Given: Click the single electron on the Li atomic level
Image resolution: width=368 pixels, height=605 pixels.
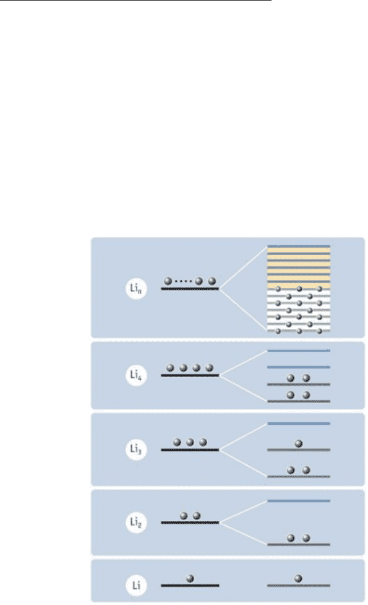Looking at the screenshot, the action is point(190,578).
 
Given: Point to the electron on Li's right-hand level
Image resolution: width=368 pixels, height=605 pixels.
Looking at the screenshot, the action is point(298,578).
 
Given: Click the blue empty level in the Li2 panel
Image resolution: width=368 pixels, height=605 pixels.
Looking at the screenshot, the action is point(299,501).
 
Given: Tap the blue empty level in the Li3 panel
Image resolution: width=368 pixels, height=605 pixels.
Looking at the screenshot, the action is point(299,424).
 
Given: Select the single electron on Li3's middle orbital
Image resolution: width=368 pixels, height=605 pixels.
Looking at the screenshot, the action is point(298,444).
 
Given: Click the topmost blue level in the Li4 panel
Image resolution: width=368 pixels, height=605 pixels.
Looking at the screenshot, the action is point(299,350).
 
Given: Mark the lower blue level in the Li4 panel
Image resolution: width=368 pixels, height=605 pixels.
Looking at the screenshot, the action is point(299,367).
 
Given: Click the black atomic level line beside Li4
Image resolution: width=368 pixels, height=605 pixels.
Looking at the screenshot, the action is point(190,375).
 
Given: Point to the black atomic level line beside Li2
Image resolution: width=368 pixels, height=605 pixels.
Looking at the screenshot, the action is point(190,523).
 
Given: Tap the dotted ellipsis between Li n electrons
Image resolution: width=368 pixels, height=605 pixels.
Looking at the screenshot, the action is point(183,281).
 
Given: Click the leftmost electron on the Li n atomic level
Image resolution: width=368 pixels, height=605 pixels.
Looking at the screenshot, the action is point(168,281).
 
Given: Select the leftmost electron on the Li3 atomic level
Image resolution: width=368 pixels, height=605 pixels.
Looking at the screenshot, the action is point(178,442).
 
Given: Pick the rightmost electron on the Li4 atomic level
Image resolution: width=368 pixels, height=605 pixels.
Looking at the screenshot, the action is point(209,368).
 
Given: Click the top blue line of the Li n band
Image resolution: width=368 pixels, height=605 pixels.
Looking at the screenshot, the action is point(299,246).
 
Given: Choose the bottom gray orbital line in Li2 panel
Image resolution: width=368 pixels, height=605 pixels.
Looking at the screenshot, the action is point(299,544).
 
